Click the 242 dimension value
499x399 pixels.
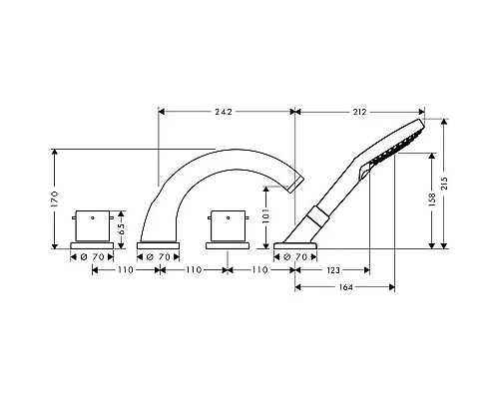click(224, 112)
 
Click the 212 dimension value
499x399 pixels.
click(359, 112)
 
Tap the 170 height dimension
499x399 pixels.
click(55, 199)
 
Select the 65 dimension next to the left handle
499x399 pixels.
click(122, 228)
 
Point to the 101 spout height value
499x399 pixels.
click(266, 216)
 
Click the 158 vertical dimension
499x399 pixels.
click(432, 199)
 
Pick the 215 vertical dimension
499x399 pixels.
click(444, 184)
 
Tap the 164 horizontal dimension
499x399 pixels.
click(346, 287)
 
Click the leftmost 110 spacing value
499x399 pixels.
click(126, 270)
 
